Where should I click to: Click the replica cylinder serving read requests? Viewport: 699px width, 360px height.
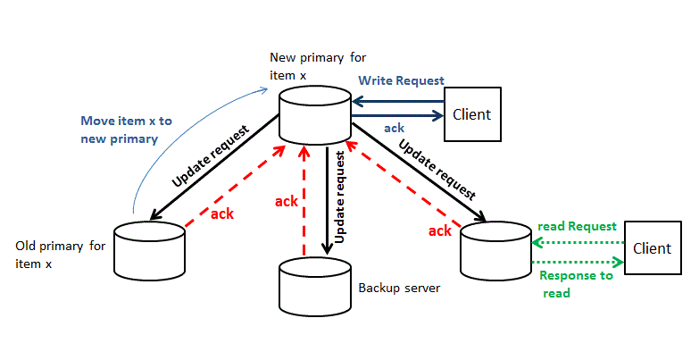coord(495,249)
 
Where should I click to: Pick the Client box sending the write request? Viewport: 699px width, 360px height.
coord(471,114)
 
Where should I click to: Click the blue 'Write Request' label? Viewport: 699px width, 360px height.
coord(401,80)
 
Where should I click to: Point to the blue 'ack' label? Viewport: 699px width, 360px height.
coord(394,129)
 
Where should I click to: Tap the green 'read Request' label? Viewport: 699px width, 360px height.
coord(577,226)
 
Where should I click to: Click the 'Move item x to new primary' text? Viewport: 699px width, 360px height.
coord(119,130)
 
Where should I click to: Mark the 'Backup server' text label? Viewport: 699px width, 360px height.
coord(397,289)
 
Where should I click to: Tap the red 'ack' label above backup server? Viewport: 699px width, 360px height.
coord(286,201)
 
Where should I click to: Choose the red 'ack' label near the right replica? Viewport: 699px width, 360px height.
coord(439,231)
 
